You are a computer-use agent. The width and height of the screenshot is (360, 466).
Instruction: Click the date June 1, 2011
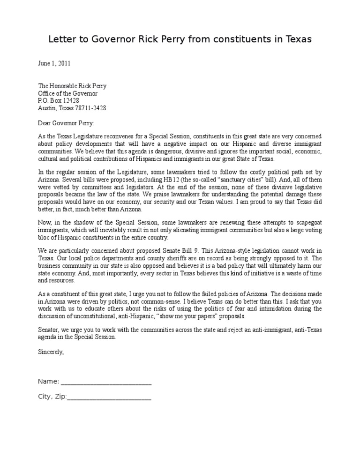[54, 62]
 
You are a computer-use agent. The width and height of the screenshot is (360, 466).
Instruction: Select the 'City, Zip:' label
[52, 397]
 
